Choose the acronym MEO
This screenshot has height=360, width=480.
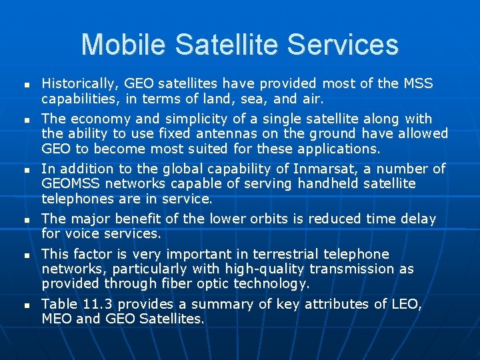coord(59,319)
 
